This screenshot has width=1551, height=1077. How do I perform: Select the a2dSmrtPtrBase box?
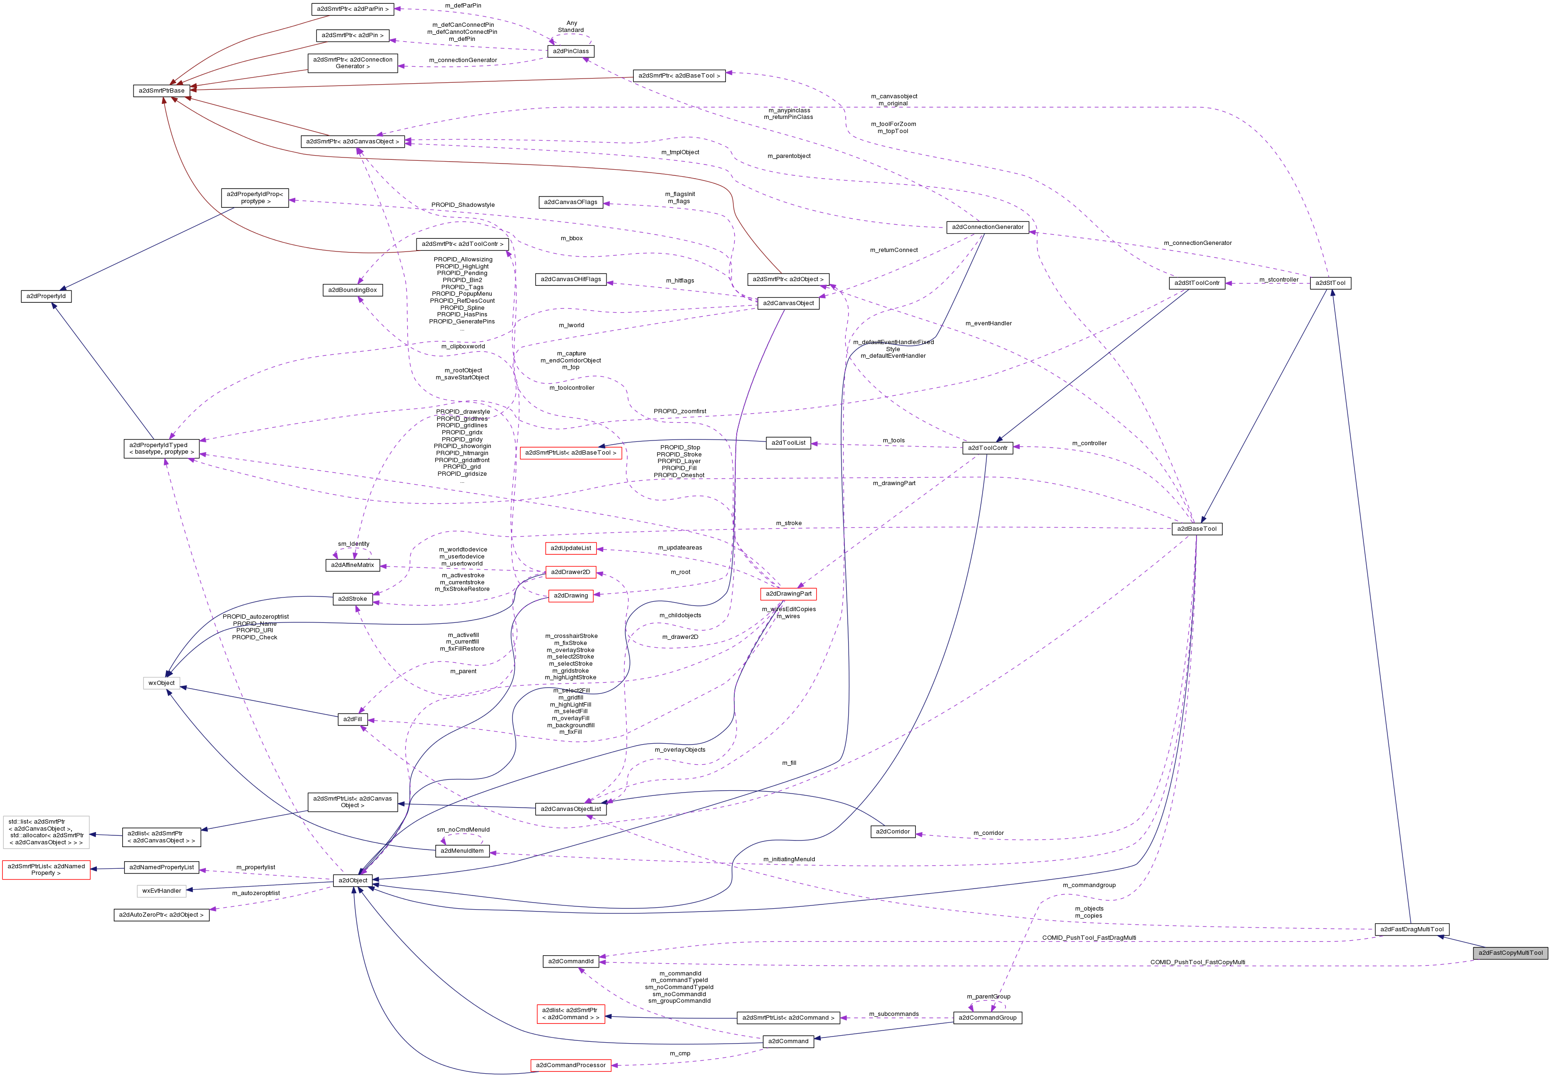161,90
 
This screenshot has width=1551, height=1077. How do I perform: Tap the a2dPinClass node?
570,51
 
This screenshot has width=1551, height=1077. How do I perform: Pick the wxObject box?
161,683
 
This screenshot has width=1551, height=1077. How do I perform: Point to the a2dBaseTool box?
1197,528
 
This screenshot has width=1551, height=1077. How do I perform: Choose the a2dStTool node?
1331,283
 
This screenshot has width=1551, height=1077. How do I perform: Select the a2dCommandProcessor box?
570,1065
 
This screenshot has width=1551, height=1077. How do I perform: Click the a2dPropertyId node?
46,296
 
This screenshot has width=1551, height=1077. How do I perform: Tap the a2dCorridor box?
892,831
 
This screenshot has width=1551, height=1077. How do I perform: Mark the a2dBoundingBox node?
352,290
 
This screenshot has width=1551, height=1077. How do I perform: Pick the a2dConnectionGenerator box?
987,227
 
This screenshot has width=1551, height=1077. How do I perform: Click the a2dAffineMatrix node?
352,565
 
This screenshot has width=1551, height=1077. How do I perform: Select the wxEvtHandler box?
161,891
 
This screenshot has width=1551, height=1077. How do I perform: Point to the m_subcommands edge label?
894,1014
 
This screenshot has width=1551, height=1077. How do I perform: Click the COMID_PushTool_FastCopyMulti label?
1197,962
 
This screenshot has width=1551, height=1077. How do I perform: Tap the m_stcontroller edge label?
1278,279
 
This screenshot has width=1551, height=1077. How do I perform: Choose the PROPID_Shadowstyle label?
463,204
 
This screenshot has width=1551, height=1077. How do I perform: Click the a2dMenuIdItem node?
462,851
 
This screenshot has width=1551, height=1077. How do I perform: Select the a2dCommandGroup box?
987,1018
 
